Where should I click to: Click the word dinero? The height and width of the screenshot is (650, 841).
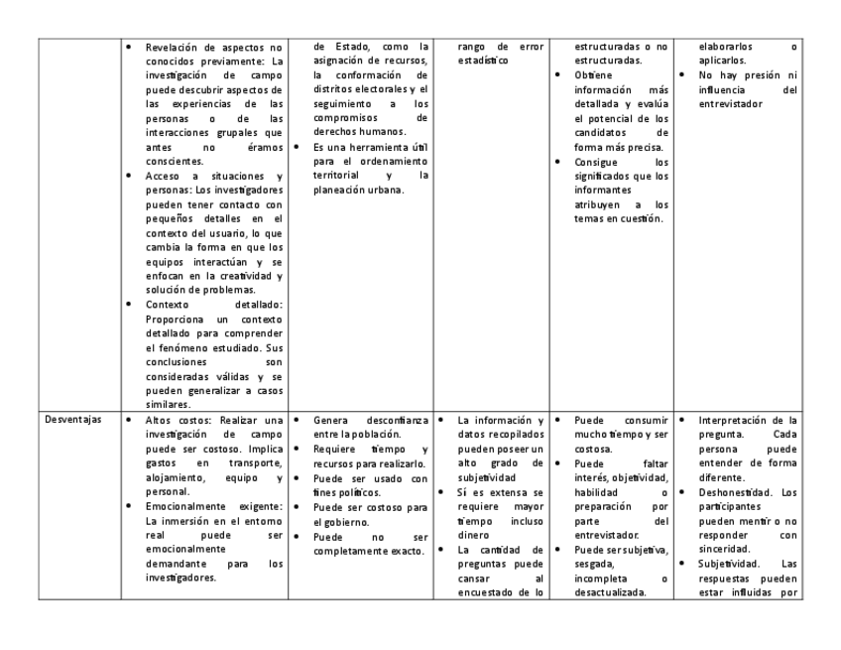point(474,535)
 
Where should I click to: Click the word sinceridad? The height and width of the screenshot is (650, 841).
point(729,550)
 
